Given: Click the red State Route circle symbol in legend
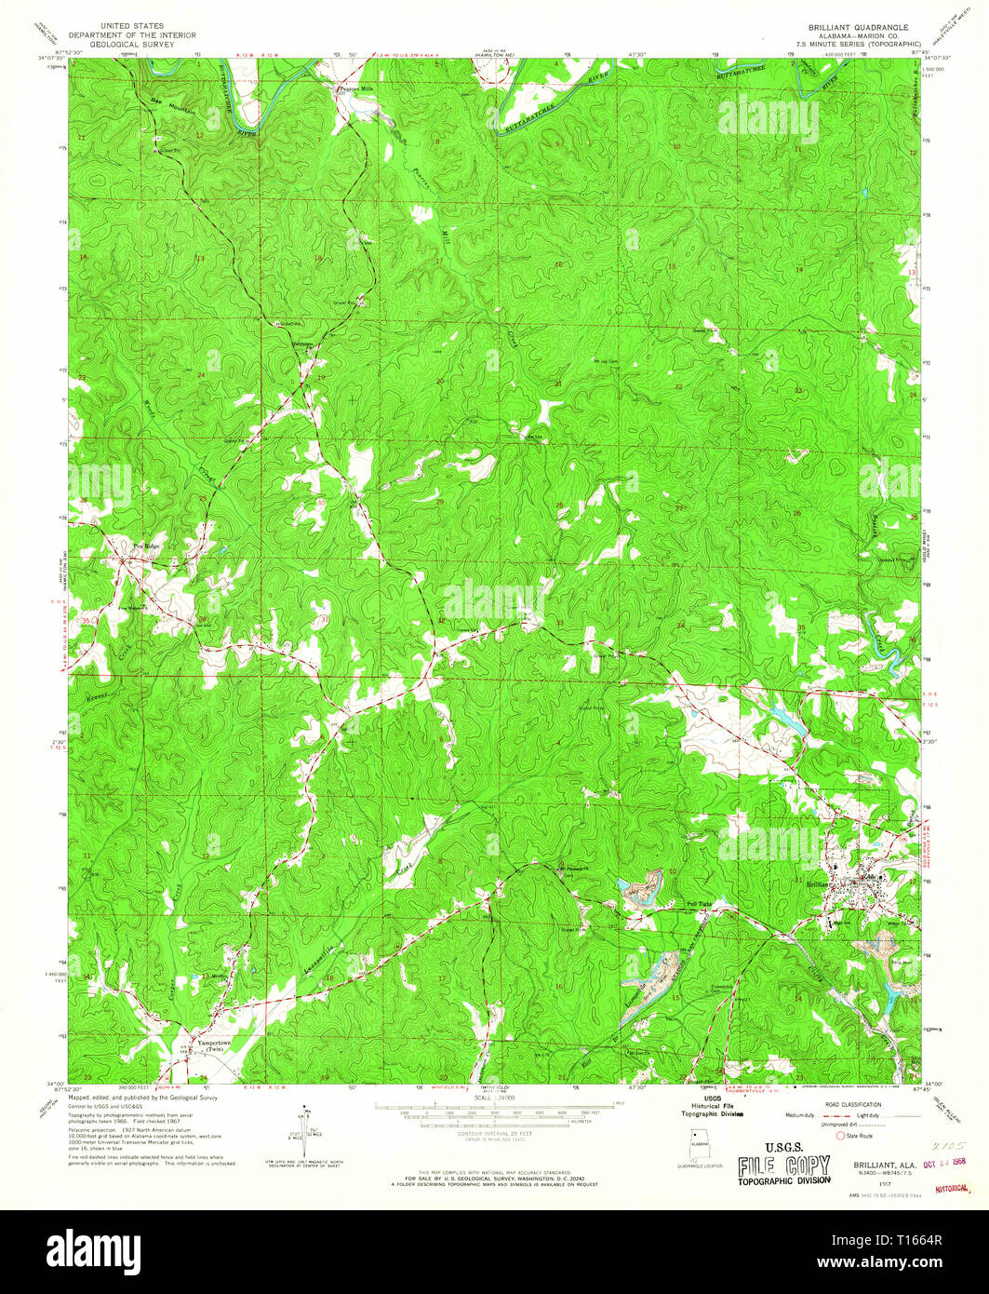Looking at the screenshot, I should point(842,1136).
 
